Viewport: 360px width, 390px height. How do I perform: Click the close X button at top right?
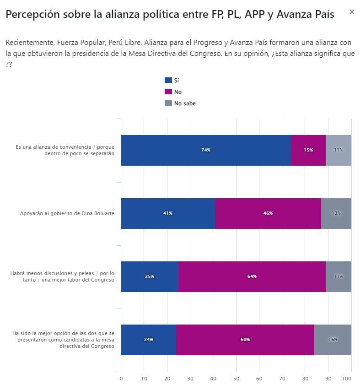(x=352, y=12)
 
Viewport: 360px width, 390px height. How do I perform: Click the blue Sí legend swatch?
(x=168, y=80)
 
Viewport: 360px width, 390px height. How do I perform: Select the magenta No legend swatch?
(x=168, y=92)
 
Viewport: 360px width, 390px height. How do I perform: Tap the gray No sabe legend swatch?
(x=168, y=103)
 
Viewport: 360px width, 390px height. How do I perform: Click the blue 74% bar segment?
(x=205, y=150)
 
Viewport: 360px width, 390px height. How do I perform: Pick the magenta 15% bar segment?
(x=308, y=150)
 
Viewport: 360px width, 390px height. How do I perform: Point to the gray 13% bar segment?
(x=336, y=213)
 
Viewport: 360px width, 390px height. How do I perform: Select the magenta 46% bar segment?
(x=268, y=213)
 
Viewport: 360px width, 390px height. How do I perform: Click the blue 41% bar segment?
(x=168, y=213)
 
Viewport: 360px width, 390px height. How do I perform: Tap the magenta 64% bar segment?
(x=252, y=276)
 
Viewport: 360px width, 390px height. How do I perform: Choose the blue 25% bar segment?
(x=150, y=276)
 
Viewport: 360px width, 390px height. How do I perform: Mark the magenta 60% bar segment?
(x=245, y=340)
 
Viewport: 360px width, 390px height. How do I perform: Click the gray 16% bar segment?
(x=333, y=340)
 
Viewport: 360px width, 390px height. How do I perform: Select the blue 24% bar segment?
(x=148, y=340)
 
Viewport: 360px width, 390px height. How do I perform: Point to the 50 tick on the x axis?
(x=236, y=379)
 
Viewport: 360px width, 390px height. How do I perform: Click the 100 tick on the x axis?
(x=346, y=379)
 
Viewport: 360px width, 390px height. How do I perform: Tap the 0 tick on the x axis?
(x=121, y=379)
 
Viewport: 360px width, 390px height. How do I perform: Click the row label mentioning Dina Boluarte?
(x=67, y=213)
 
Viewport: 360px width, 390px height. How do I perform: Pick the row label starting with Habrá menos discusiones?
(x=63, y=276)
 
